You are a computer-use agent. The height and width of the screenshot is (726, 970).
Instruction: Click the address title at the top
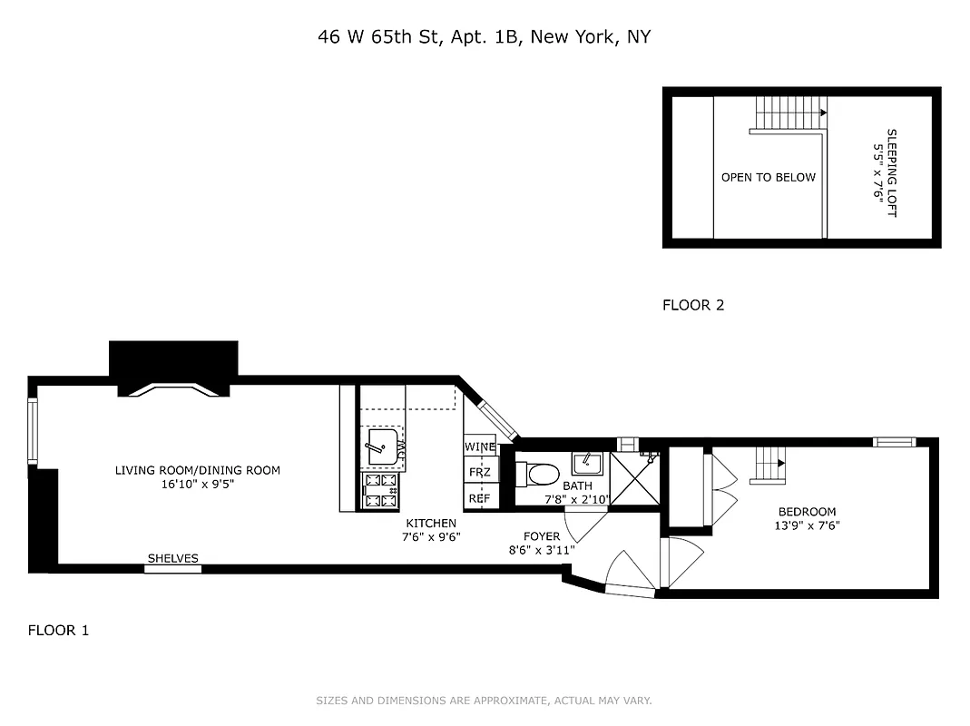click(x=484, y=37)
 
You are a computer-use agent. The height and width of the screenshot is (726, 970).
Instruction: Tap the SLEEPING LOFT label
click(x=885, y=172)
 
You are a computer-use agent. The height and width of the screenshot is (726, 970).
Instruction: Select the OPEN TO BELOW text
click(x=768, y=178)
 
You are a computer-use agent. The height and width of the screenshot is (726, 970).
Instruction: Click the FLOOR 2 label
click(x=693, y=305)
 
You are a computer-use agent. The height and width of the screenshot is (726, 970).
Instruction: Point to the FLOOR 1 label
click(x=58, y=630)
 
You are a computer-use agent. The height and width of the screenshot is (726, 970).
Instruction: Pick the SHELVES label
click(x=172, y=559)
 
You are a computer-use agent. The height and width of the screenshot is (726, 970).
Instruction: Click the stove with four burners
click(x=380, y=490)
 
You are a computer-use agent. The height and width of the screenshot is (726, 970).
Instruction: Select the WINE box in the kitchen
click(x=480, y=447)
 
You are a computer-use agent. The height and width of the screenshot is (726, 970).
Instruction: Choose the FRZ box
click(x=479, y=473)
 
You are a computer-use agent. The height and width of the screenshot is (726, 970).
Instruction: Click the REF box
click(x=479, y=498)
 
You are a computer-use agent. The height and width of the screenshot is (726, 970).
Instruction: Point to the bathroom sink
click(x=588, y=464)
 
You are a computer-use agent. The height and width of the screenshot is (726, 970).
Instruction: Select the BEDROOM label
click(x=806, y=518)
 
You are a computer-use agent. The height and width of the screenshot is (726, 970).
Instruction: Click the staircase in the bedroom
click(x=771, y=466)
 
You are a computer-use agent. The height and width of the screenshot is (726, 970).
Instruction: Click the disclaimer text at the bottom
click(x=484, y=701)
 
